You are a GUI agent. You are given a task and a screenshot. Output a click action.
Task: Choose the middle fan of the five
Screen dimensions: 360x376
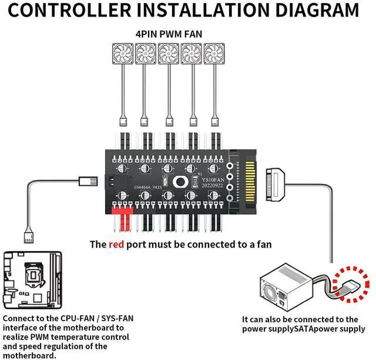coord(168,54)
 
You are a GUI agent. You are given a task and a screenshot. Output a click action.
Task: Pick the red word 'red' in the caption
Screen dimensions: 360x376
coord(116,244)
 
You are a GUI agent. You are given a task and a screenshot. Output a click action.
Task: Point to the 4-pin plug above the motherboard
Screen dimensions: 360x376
coord(27,236)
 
